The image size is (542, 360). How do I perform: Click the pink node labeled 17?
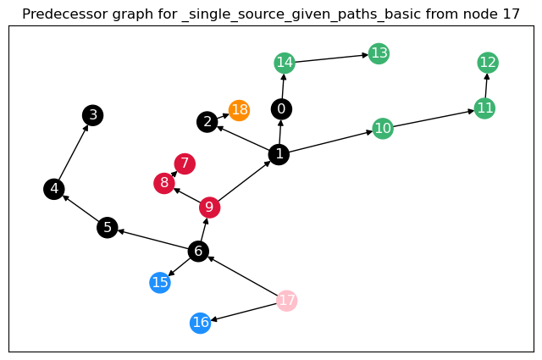pyautogui.click(x=287, y=300)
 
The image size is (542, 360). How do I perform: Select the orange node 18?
pyautogui.click(x=240, y=110)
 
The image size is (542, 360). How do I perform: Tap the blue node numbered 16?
pyautogui.click(x=200, y=323)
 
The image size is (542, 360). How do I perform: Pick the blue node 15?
pyautogui.click(x=160, y=282)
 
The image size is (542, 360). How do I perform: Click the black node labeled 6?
pyautogui.click(x=198, y=251)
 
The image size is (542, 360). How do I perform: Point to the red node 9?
pyautogui.click(x=209, y=208)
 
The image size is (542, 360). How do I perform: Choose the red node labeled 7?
pyautogui.click(x=185, y=163)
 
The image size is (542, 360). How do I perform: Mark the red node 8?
pyautogui.click(x=164, y=183)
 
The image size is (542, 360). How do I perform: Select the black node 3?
pyautogui.click(x=93, y=115)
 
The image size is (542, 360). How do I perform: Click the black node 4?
pyautogui.click(x=54, y=189)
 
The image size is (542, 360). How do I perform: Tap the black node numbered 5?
pyautogui.click(x=107, y=227)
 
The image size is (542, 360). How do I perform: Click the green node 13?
pyautogui.click(x=379, y=54)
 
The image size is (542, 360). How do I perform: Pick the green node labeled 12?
pyautogui.click(x=488, y=62)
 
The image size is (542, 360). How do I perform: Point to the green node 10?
pyautogui.click(x=383, y=129)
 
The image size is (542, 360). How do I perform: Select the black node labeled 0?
pyautogui.click(x=281, y=108)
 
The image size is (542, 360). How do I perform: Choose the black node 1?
pyautogui.click(x=278, y=153)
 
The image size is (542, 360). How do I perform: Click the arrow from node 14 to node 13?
pyautogui.click(x=331, y=58)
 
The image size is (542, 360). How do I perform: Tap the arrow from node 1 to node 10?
pyautogui.click(x=330, y=141)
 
